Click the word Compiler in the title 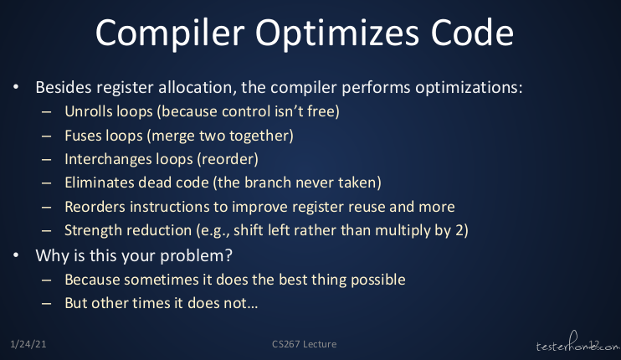pos(170,33)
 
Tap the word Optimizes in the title pos(337,33)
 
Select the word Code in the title pos(472,33)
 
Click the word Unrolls pos(89,111)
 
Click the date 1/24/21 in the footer pos(28,344)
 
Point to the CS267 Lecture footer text pos(304,344)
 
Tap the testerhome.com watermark pos(578,342)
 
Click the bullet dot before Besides pos(16,87)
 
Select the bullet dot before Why pos(16,255)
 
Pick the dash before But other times pos(46,303)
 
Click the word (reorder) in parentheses pos(228,159)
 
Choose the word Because pos(92,280)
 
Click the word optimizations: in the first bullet pos(469,88)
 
